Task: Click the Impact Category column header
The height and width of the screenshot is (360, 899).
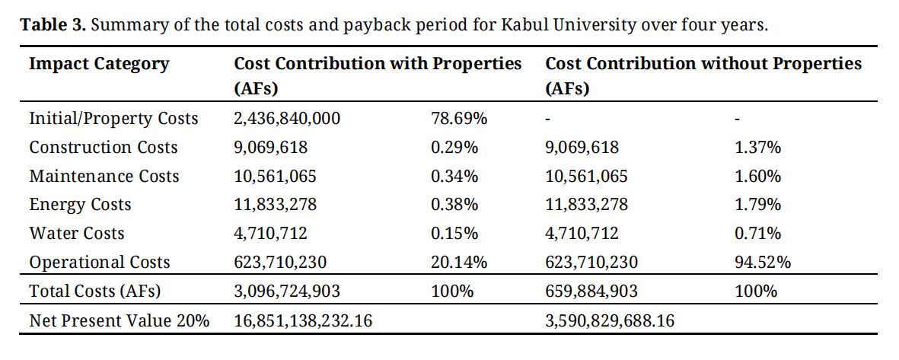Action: [x=99, y=64]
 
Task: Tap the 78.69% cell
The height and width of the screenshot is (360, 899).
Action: [x=459, y=119]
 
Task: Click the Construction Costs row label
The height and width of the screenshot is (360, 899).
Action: [x=104, y=148]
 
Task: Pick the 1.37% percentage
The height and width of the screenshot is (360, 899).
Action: [x=757, y=148]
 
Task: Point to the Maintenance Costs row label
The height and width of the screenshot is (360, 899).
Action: [x=104, y=177]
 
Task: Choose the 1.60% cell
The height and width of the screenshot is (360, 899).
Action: [x=757, y=177]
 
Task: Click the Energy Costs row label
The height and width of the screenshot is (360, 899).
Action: [x=80, y=205]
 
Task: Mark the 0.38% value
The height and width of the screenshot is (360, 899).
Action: [x=454, y=205]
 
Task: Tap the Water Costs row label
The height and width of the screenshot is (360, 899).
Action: [x=77, y=234]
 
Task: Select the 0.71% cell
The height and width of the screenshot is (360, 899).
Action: [x=757, y=234]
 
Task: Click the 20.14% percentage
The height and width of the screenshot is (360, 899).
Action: [x=459, y=263]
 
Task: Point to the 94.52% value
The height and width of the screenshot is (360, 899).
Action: [x=762, y=263]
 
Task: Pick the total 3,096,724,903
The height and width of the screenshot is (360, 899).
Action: [x=287, y=292]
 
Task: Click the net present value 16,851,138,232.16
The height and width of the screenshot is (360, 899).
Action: [x=303, y=321]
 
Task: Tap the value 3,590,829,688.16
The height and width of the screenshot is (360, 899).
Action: [x=610, y=321]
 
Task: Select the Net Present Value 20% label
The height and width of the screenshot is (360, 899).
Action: [x=119, y=321]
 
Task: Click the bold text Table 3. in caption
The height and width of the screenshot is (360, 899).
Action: [x=55, y=24]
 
